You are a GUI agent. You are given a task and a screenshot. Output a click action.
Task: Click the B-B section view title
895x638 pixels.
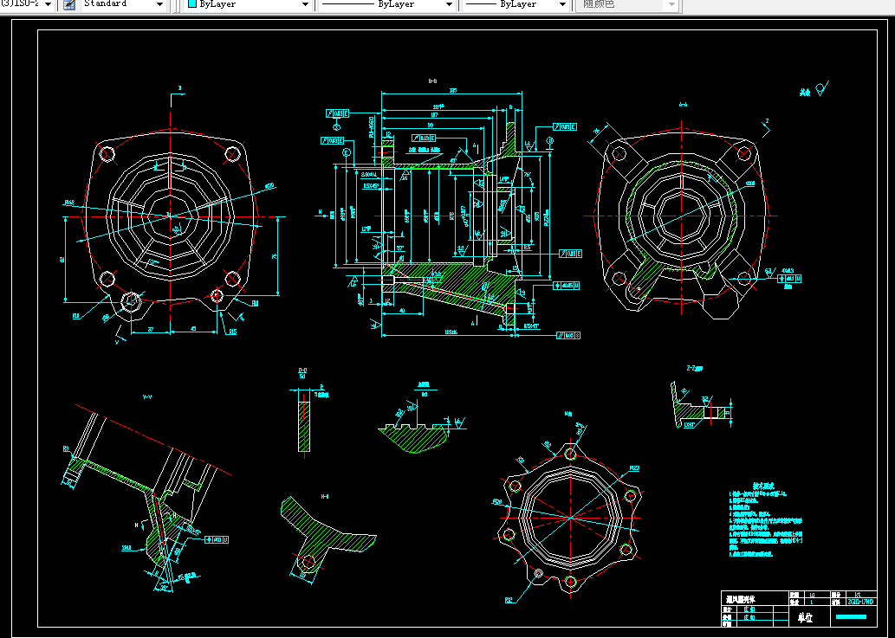(x=432, y=81)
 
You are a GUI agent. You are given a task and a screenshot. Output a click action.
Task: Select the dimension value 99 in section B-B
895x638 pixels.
(x=430, y=126)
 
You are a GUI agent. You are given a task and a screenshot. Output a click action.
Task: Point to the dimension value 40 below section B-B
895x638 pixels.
(x=401, y=310)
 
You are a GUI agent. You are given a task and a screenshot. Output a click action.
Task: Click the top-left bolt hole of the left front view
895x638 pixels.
(x=107, y=154)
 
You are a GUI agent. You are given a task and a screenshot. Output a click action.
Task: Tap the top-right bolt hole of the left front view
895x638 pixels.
(x=232, y=154)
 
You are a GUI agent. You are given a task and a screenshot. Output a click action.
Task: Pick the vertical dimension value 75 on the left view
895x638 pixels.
(x=274, y=256)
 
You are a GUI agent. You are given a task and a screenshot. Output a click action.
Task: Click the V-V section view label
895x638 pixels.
(x=146, y=397)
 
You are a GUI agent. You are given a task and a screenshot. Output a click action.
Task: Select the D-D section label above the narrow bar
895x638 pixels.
(x=302, y=371)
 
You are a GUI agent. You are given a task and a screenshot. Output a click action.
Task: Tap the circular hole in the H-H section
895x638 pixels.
(x=308, y=561)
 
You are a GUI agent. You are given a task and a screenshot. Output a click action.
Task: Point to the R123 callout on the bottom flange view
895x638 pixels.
(x=634, y=468)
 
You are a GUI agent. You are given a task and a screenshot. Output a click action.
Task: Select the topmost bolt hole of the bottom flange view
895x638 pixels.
(x=569, y=453)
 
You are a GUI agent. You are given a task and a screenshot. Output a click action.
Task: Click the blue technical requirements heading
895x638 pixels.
(x=762, y=487)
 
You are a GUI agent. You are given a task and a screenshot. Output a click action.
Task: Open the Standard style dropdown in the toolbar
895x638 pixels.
(x=159, y=4)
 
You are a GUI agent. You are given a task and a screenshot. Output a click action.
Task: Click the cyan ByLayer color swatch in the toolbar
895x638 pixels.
(x=191, y=4)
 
